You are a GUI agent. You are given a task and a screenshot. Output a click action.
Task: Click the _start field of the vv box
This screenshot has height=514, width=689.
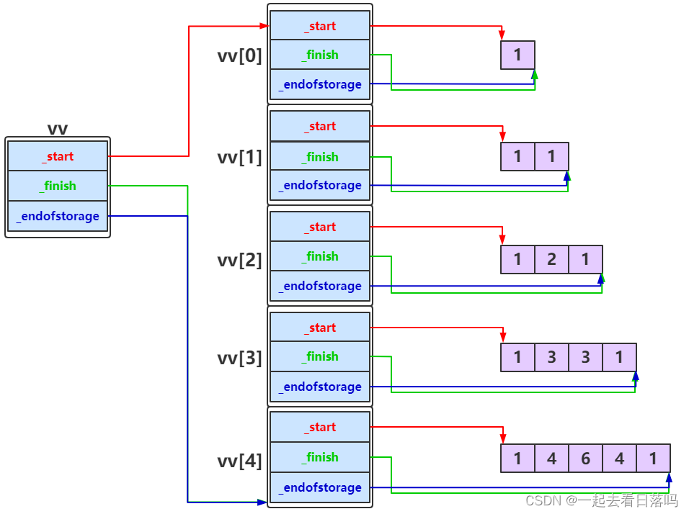click(58, 156)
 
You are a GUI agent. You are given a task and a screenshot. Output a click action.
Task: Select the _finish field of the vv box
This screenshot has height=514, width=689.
click(58, 186)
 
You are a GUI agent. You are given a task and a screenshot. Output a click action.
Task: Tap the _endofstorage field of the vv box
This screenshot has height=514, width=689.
click(58, 216)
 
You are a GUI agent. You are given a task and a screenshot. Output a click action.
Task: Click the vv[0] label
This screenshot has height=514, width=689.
click(240, 55)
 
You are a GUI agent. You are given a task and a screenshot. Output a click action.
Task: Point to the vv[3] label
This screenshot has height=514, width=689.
click(240, 358)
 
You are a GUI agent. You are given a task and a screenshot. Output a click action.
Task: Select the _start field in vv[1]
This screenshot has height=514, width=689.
click(320, 127)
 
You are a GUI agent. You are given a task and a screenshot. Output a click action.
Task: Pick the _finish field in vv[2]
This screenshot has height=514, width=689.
click(320, 256)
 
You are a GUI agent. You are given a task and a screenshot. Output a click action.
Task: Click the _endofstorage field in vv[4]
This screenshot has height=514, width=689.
click(320, 487)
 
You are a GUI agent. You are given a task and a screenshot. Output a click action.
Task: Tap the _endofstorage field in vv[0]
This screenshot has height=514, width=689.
click(320, 84)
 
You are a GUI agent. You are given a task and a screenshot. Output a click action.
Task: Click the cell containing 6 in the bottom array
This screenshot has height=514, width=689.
click(585, 458)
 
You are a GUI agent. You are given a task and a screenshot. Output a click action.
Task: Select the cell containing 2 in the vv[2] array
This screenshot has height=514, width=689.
click(551, 259)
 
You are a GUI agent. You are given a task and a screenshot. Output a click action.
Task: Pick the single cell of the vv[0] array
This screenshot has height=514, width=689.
click(517, 55)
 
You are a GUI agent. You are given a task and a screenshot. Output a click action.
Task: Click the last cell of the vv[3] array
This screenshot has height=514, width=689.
click(619, 357)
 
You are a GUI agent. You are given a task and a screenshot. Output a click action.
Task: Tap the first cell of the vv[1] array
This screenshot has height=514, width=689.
click(517, 156)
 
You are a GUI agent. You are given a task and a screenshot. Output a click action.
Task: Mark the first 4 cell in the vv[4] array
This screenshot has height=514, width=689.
click(551, 458)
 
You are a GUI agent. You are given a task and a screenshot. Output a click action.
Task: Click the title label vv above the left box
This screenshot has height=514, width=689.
click(58, 129)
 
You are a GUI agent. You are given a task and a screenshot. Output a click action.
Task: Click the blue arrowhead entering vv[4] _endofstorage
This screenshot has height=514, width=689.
click(262, 502)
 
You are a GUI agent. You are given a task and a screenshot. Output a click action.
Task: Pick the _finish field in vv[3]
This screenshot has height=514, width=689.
click(320, 356)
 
